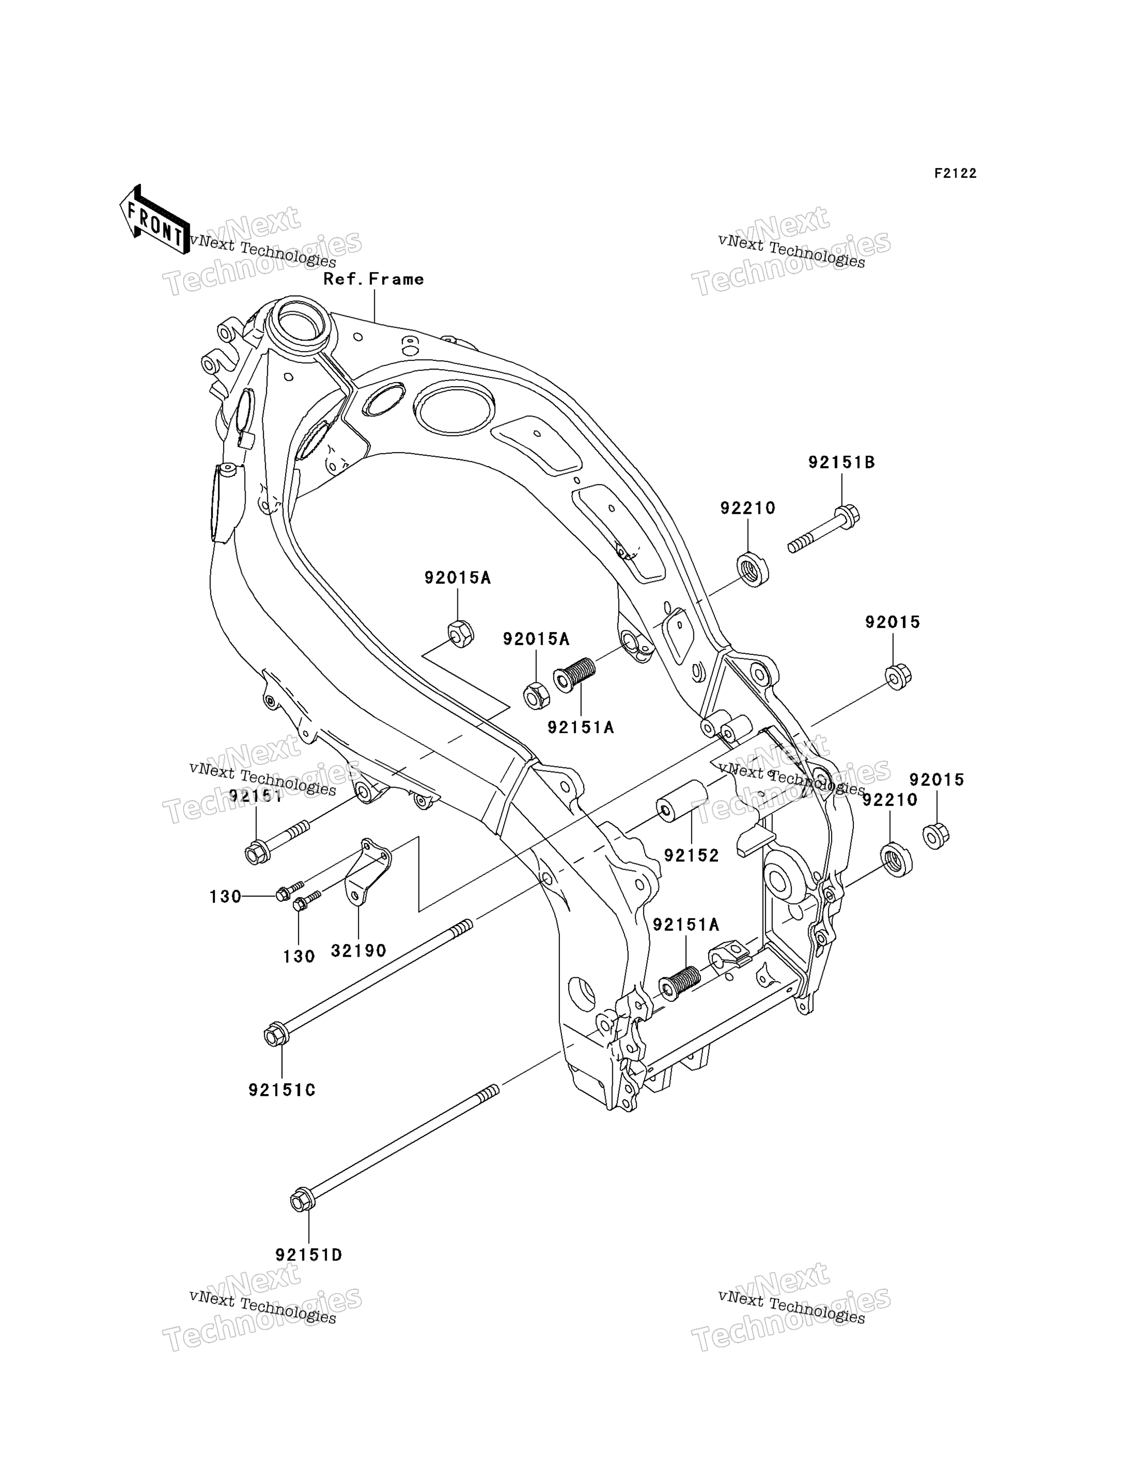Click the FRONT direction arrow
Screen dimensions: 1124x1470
click(154, 220)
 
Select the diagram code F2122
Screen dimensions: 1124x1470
click(955, 173)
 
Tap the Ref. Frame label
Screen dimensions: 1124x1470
click(373, 279)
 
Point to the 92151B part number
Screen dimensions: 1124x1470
click(841, 462)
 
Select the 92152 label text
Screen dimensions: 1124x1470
click(691, 855)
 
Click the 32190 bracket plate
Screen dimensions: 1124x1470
click(367, 872)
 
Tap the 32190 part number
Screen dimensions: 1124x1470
click(358, 950)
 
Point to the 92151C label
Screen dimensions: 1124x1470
click(282, 1090)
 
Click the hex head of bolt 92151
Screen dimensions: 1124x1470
click(257, 853)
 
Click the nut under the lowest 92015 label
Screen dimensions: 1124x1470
click(936, 835)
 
